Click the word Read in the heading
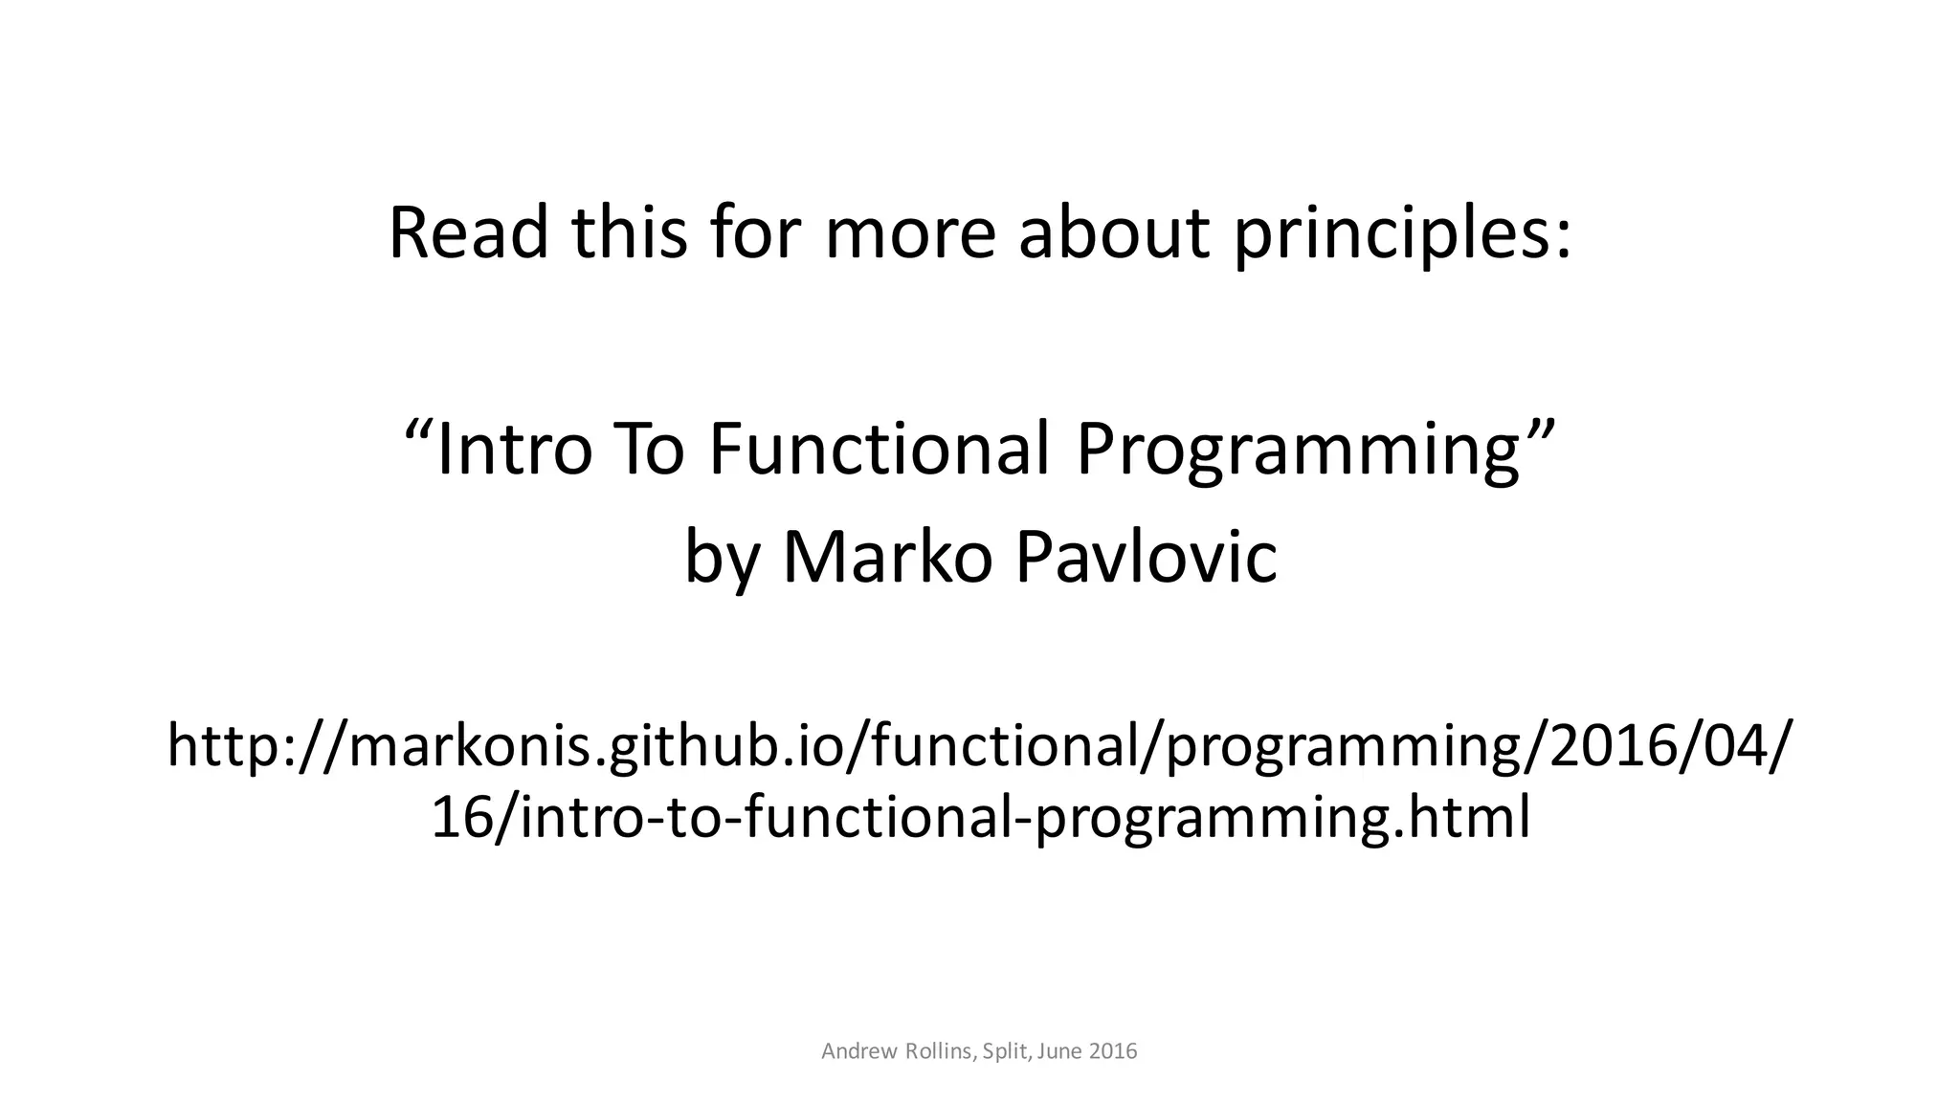pos(468,232)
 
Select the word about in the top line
pos(1114,232)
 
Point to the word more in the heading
pos(909,232)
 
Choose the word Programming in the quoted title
pos(1297,449)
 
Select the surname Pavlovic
pos(1146,557)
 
